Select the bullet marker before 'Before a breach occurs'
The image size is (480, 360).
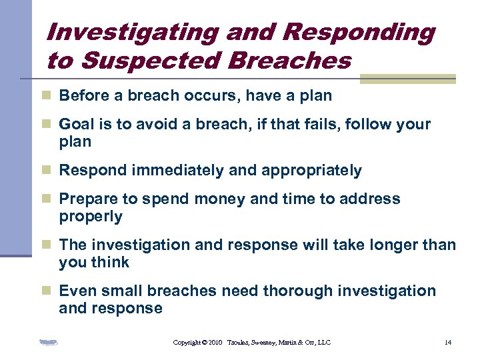[46, 96]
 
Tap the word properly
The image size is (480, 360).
[91, 216]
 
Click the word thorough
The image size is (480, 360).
[298, 291]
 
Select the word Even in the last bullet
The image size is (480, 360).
[75, 291]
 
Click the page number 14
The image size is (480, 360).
[447, 342]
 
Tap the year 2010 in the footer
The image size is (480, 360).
[215, 342]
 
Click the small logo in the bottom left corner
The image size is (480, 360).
[48, 343]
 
